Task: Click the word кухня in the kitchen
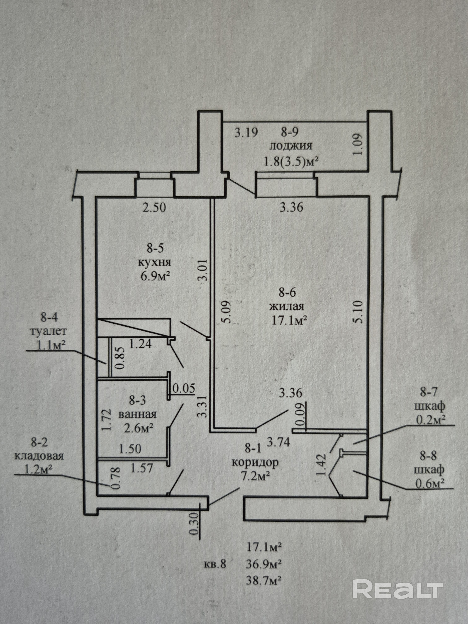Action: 155,262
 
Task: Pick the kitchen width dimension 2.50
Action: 154,208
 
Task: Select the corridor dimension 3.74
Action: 278,442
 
